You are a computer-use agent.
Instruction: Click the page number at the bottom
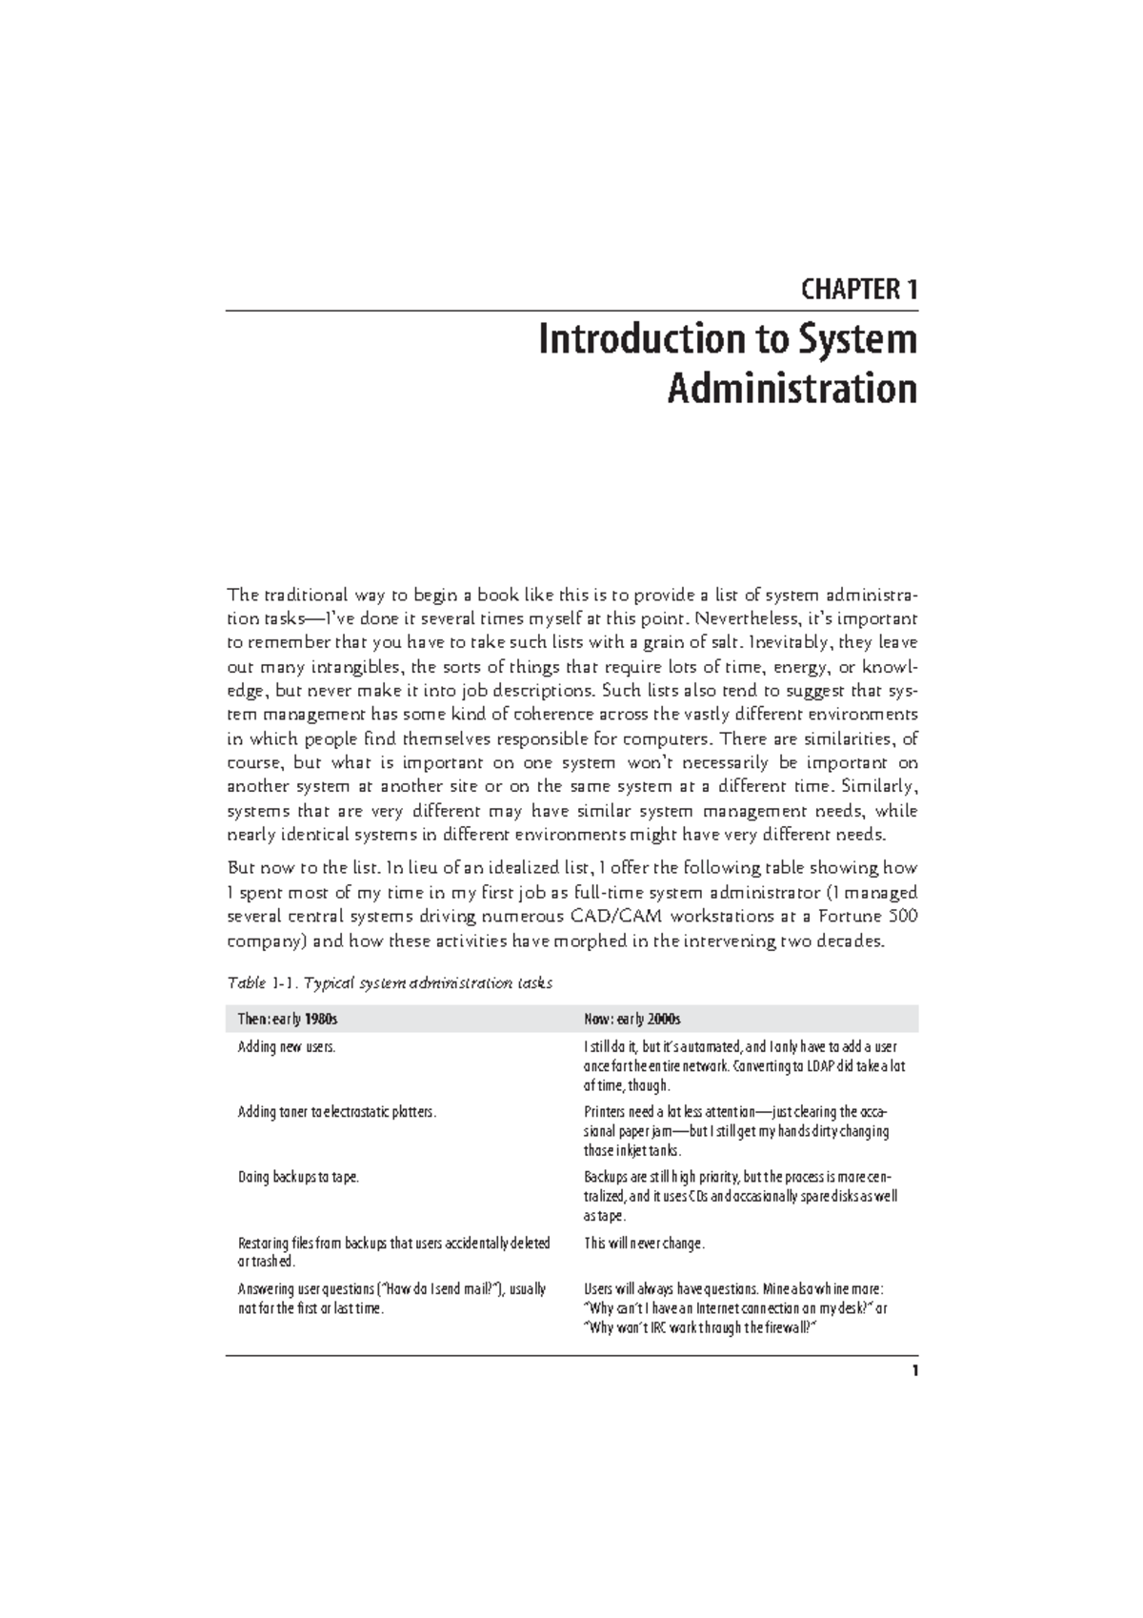click(914, 1371)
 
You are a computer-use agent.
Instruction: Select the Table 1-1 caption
click(389, 982)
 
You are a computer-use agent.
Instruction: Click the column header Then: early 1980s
click(288, 1020)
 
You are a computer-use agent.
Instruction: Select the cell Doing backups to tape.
click(299, 1177)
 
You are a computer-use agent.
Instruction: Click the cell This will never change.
click(644, 1244)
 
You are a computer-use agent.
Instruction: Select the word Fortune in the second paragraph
click(851, 918)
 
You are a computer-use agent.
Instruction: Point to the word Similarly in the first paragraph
click(878, 787)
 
